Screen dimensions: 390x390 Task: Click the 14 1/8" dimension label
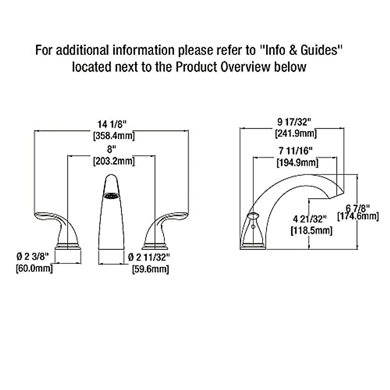pos(112,124)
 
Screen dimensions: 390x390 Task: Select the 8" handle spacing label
pos(111,149)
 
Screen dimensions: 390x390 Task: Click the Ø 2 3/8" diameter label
pos(33,257)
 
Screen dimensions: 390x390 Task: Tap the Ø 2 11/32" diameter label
pos(149,257)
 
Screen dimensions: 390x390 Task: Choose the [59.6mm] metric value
pos(150,269)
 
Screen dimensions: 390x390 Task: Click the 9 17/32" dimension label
pos(294,122)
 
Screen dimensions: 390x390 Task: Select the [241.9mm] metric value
pos(296,133)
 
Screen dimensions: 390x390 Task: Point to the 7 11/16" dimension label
pos(296,151)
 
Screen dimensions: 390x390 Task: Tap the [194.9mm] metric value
pos(297,162)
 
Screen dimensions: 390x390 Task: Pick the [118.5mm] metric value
pos(311,230)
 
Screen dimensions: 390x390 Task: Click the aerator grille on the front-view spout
pos(110,196)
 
